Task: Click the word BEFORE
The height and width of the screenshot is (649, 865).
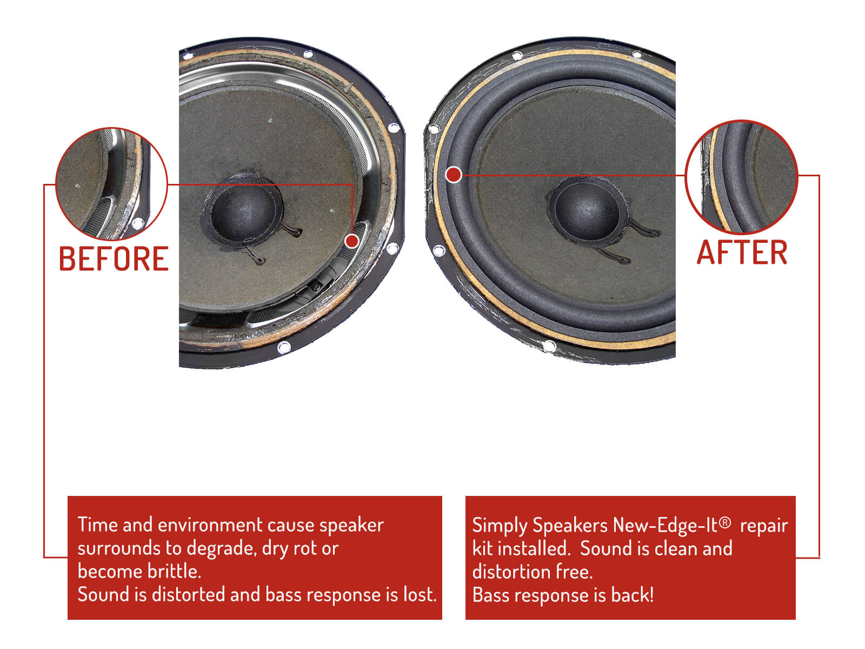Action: tap(114, 259)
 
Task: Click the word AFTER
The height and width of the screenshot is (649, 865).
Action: tap(742, 253)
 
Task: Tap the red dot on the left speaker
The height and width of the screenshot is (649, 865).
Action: tap(351, 241)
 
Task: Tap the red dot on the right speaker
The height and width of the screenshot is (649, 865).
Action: tap(454, 175)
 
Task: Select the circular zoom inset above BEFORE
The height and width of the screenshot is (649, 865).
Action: tap(111, 184)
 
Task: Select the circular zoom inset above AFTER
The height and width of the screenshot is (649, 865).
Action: tap(741, 177)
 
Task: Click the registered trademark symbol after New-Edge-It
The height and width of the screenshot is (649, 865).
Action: tap(725, 522)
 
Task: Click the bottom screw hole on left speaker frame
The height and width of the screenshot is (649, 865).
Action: tap(284, 348)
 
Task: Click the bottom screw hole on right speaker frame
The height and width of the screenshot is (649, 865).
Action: tap(549, 346)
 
